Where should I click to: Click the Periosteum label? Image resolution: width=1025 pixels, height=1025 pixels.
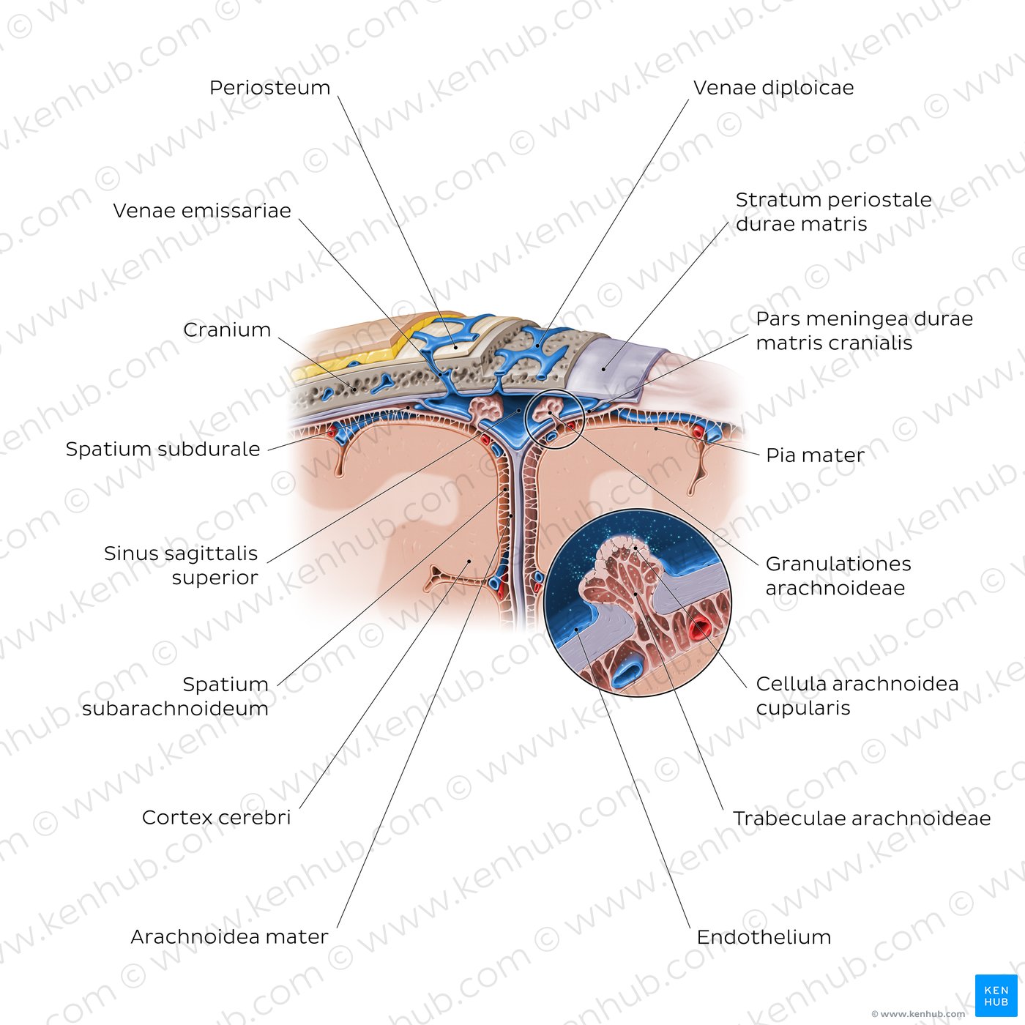(269, 88)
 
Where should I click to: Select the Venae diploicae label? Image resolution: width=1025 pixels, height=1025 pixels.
(773, 88)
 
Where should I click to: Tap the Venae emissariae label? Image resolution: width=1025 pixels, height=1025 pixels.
(202, 211)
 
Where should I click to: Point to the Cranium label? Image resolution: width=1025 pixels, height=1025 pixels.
(227, 329)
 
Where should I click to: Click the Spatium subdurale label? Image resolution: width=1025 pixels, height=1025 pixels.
(163, 449)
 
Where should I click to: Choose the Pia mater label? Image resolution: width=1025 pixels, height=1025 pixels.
(815, 455)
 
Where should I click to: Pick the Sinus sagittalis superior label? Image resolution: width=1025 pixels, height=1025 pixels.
(181, 565)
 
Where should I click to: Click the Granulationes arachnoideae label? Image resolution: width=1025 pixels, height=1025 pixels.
(838, 575)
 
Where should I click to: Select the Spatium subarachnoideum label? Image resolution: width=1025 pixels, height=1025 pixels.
(175, 696)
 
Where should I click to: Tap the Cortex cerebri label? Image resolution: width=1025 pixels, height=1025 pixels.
(217, 818)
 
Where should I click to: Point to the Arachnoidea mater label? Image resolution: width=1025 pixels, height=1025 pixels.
(229, 936)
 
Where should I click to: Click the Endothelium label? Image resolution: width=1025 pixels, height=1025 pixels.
(764, 937)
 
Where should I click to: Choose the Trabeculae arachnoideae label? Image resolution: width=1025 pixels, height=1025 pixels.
(862, 818)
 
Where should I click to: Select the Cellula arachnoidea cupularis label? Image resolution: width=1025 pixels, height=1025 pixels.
(857, 696)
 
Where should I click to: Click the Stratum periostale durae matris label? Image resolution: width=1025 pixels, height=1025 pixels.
(833, 212)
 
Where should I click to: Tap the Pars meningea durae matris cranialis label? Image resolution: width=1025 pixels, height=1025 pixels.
(865, 330)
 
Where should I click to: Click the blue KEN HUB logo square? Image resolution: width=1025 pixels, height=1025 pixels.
(996, 996)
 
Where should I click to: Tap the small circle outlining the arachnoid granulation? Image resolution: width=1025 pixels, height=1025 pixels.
(555, 390)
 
